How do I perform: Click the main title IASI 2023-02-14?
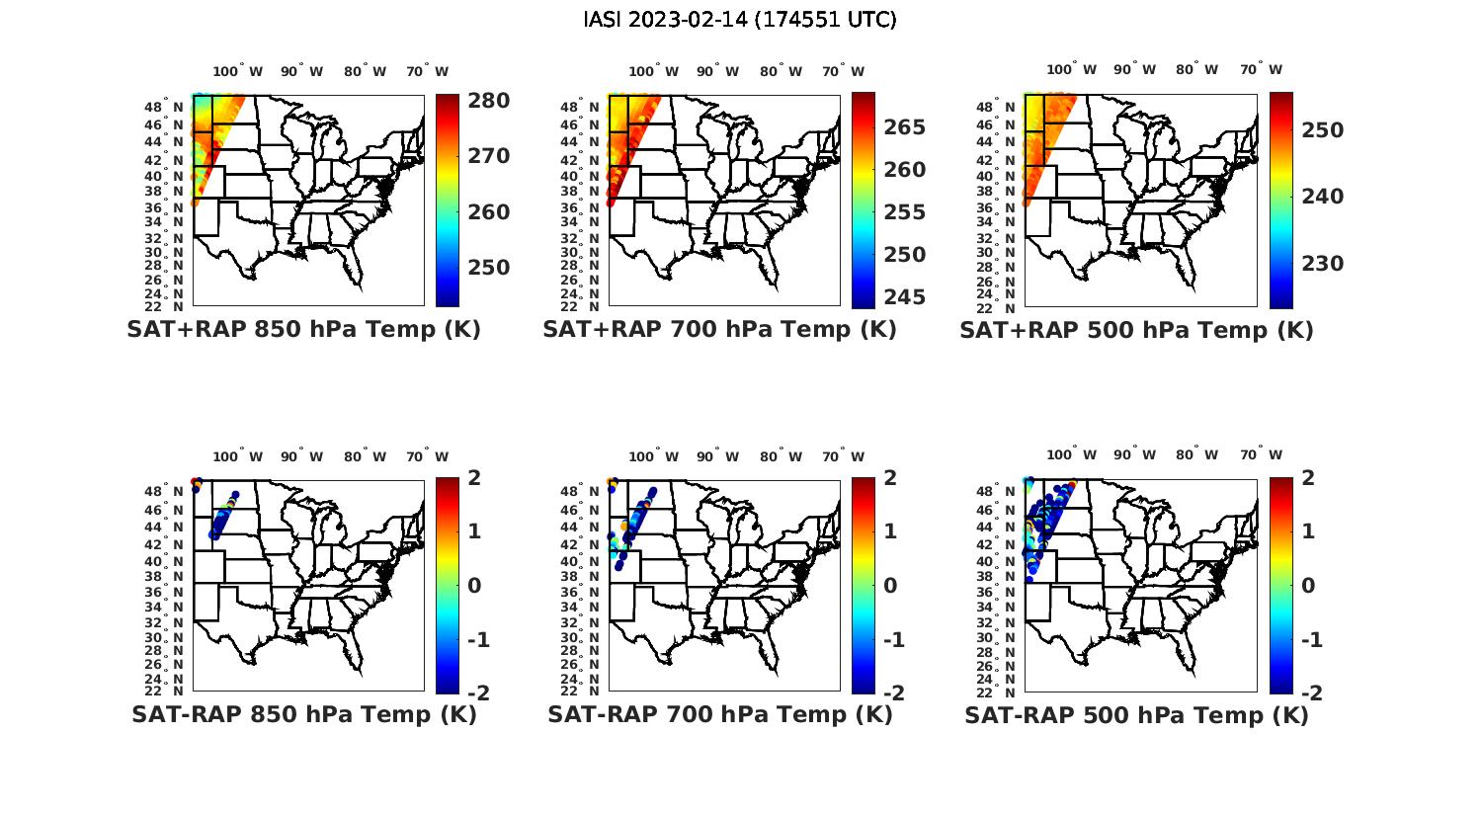coord(740,20)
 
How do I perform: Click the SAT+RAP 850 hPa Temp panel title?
coord(303,330)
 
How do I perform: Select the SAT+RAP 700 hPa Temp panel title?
coord(719,330)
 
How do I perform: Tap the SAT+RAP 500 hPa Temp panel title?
coord(1136,330)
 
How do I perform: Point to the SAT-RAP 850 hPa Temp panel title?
coord(303,714)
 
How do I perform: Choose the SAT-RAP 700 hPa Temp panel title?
coord(719,714)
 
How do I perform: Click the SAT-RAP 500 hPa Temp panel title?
coord(1136,714)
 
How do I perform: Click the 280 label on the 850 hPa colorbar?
coord(488,101)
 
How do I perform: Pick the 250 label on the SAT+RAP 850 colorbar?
coord(488,268)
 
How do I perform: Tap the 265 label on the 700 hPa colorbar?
coord(904,127)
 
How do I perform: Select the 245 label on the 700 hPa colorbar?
coord(904,297)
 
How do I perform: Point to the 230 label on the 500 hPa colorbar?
coord(1321,264)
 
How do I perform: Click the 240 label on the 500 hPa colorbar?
coord(1321,197)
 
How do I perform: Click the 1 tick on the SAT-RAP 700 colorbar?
coord(889,531)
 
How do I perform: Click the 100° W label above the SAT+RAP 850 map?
coord(238,71)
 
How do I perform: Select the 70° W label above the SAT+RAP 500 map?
coord(1261,70)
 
